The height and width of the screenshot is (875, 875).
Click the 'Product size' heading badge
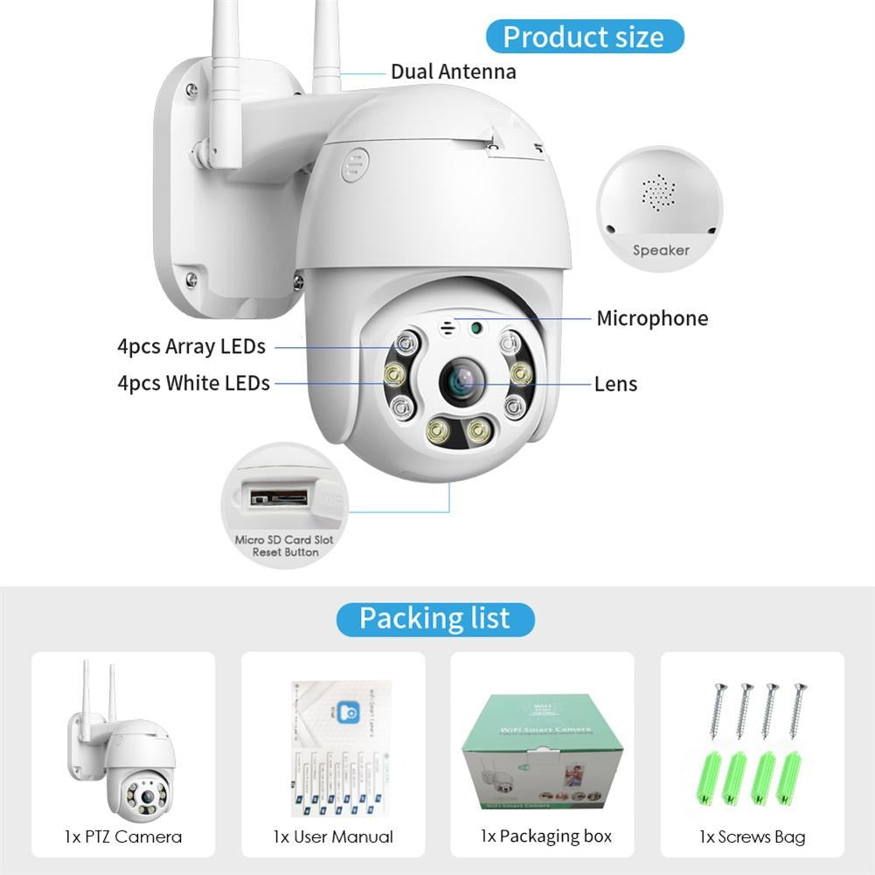(583, 37)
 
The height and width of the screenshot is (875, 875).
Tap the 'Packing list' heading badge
(434, 619)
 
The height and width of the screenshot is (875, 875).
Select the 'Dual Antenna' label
(453, 71)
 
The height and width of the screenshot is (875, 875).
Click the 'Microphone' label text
(652, 318)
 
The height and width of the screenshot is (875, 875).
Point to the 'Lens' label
(615, 384)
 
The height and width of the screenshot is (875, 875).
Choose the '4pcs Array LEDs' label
(191, 346)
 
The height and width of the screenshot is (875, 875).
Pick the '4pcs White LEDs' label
(193, 383)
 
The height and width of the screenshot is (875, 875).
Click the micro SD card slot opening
(279, 498)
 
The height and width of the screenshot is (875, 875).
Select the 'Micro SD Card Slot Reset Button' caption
(284, 546)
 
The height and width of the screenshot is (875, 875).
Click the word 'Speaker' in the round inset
(661, 251)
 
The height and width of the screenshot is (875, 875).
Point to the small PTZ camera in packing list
(122, 744)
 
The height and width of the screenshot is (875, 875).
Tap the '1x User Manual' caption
(333, 837)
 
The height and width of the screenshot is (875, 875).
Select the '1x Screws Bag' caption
(752, 837)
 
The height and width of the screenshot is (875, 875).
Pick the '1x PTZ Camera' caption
(123, 837)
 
